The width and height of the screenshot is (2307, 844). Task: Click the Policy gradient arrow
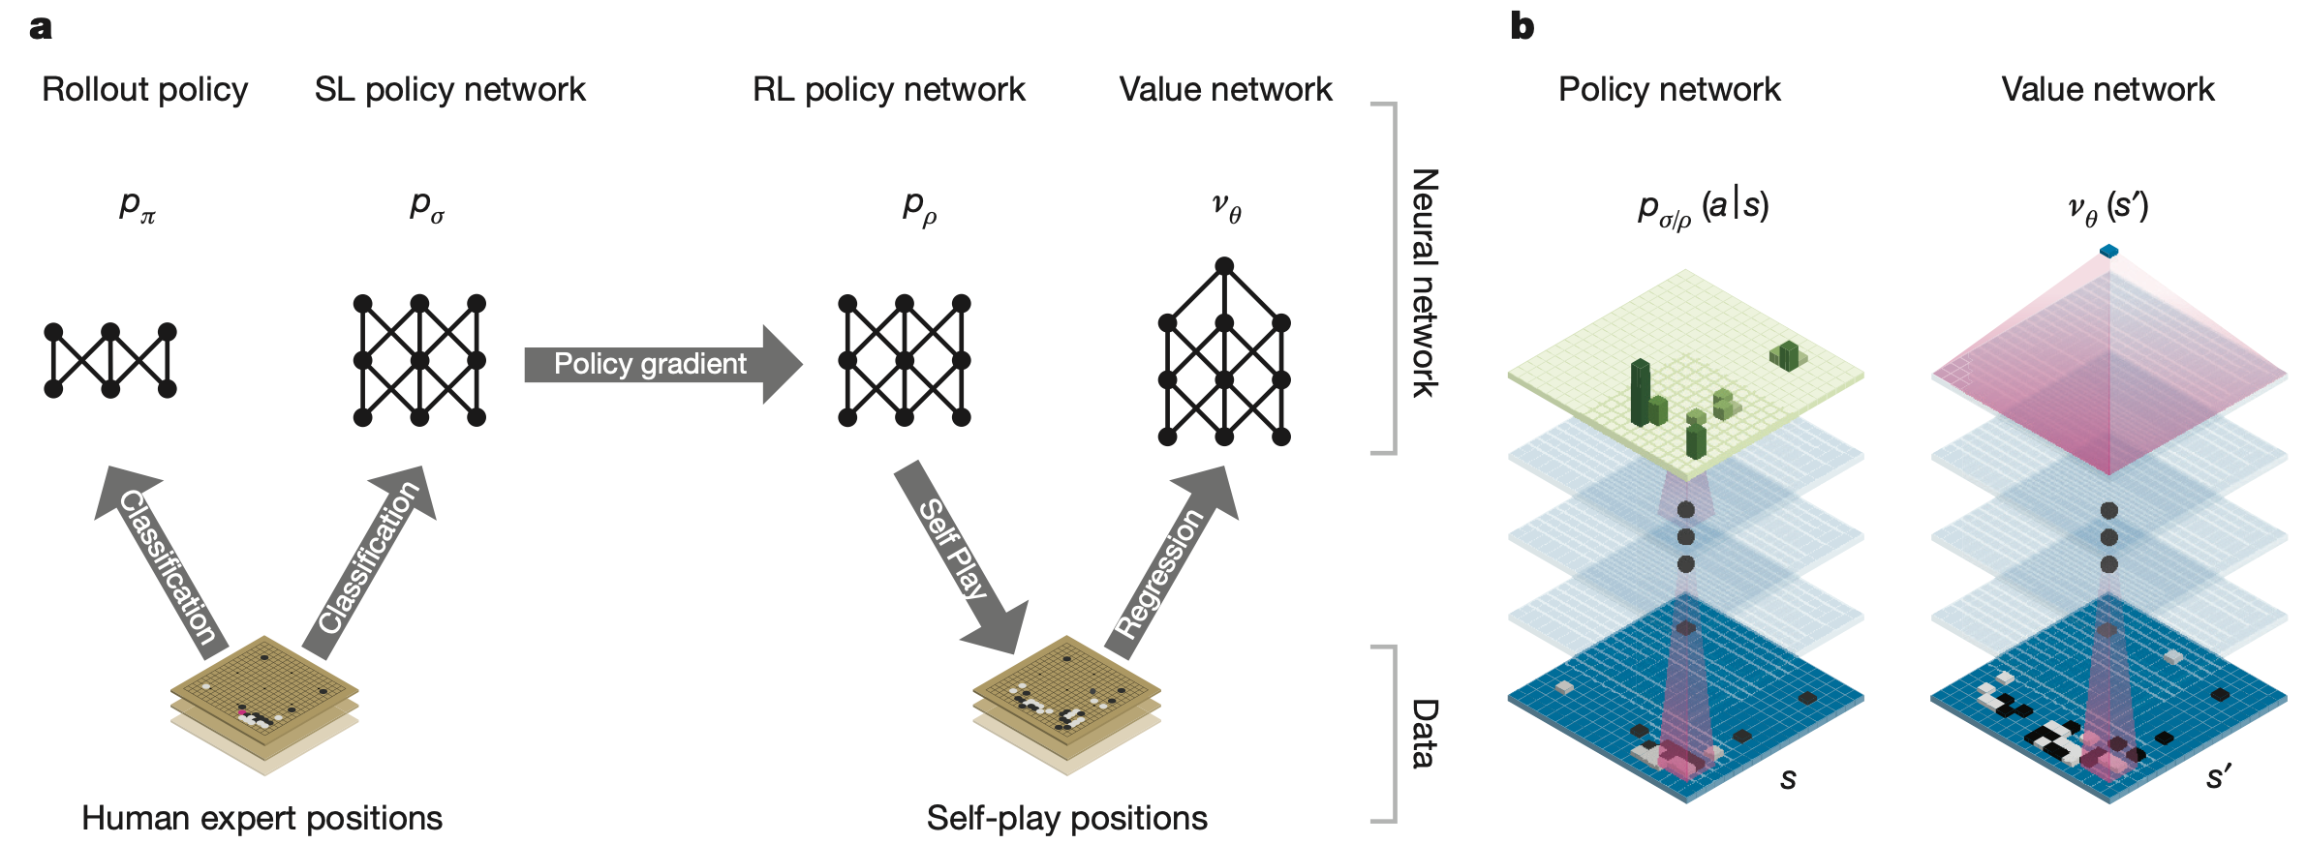pyautogui.click(x=659, y=364)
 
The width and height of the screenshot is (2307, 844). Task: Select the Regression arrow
pyautogui.click(x=1167, y=566)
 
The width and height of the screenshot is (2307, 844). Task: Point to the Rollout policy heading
pyautogui.click(x=145, y=89)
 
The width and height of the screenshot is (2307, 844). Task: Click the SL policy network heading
pyautogui.click(x=449, y=89)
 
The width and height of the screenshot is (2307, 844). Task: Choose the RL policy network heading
pyautogui.click(x=888, y=89)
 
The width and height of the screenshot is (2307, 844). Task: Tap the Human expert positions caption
pyautogui.click(x=261, y=818)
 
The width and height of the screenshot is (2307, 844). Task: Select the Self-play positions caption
pyautogui.click(x=1066, y=818)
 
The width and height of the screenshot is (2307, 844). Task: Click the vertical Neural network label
pyautogui.click(x=1424, y=282)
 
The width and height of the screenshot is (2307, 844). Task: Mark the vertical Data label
pyautogui.click(x=1424, y=733)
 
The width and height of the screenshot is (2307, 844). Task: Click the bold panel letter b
pyautogui.click(x=1522, y=26)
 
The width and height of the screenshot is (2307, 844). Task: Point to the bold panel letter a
pyautogui.click(x=41, y=27)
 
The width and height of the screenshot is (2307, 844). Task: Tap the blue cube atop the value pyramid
pyautogui.click(x=2108, y=252)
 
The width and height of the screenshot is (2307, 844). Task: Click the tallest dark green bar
pyautogui.click(x=1640, y=392)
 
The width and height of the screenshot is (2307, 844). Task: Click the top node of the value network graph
pyautogui.click(x=1224, y=265)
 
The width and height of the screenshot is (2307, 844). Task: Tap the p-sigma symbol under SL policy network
pyautogui.click(x=426, y=206)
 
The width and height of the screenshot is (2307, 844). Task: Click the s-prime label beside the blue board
pyautogui.click(x=2219, y=776)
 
